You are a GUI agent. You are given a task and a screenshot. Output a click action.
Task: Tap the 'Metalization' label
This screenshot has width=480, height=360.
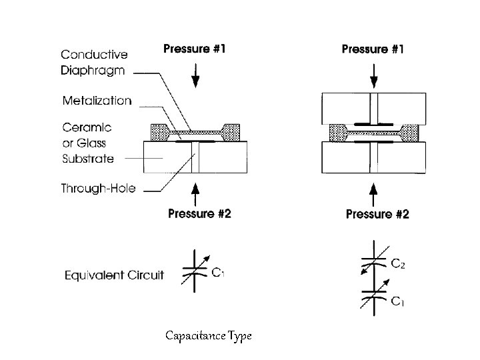tap(97, 101)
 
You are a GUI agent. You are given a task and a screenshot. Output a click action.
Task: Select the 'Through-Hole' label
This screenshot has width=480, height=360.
tap(99, 189)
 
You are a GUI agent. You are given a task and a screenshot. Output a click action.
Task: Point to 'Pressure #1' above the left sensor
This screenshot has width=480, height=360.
tap(195, 49)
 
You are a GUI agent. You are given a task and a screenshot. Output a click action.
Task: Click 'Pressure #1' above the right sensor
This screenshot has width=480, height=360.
tap(373, 49)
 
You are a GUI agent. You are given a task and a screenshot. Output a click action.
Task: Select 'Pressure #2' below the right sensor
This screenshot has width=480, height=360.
tap(377, 214)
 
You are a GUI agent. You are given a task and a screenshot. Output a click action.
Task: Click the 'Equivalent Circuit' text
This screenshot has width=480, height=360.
tap(114, 275)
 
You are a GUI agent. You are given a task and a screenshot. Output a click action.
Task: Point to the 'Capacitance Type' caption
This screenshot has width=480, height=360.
tap(208, 336)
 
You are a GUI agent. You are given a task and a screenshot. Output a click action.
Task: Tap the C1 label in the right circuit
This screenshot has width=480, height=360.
tap(397, 302)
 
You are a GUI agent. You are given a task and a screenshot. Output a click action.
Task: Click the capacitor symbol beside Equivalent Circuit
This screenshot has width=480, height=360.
tap(195, 271)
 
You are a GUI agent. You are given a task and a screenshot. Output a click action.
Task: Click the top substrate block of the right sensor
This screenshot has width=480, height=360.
tap(372, 109)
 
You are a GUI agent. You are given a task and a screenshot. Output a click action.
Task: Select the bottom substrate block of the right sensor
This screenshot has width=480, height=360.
tap(372, 158)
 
